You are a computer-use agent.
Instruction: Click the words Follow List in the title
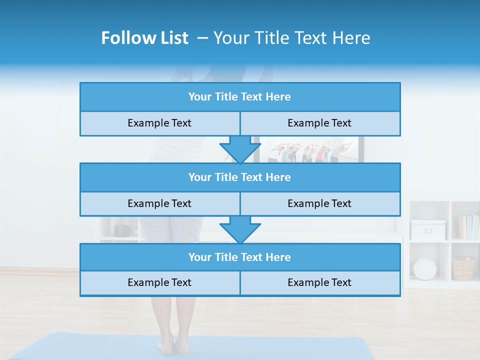coord(145,38)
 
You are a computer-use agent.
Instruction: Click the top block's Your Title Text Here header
coord(239,97)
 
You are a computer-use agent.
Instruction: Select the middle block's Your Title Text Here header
coord(239,177)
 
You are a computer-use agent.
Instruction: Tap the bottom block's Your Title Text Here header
coord(239,257)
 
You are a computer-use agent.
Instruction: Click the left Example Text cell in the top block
coord(159,123)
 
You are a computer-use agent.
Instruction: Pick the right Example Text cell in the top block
coord(319,123)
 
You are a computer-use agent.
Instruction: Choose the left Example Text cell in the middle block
coord(159,203)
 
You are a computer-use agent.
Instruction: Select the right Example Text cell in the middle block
coord(319,203)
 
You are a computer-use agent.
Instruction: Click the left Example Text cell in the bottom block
coord(159,282)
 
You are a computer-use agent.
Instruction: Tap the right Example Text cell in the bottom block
coord(319,282)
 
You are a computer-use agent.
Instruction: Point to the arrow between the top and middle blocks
coord(240,149)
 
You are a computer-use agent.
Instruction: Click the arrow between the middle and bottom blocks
coord(240,229)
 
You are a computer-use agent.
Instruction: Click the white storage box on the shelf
coord(428,229)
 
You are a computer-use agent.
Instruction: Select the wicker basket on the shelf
coord(463,268)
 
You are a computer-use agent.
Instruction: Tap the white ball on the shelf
coord(424,268)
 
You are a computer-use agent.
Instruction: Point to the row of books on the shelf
coord(468,227)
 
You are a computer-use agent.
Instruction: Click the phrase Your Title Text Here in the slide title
coord(291,38)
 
